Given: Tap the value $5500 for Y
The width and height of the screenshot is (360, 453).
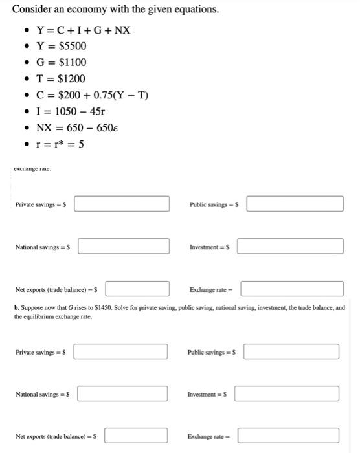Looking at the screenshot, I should (x=72, y=46).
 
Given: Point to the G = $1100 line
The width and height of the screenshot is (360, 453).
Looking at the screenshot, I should (x=63, y=62).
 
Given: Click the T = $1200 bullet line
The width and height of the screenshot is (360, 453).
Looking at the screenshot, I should (x=63, y=78).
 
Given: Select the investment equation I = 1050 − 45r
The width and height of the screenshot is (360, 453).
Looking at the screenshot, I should (x=76, y=111).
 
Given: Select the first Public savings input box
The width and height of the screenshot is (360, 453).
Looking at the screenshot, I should (x=295, y=204).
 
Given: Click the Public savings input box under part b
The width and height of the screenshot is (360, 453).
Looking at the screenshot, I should (x=292, y=351).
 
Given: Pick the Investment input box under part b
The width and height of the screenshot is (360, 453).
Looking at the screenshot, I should (x=287, y=393).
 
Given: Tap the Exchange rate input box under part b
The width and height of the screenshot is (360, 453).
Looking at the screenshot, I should (x=289, y=436).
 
